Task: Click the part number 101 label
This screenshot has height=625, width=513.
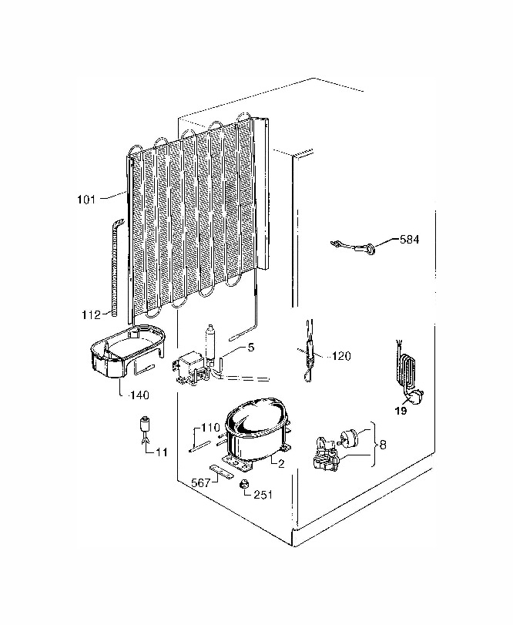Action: [86, 199]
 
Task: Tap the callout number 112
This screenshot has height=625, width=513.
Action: [91, 315]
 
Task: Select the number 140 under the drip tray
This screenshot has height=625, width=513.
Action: [139, 395]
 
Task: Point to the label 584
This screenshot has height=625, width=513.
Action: [410, 239]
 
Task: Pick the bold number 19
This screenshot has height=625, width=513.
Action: [401, 410]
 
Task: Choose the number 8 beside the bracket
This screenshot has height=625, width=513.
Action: [383, 444]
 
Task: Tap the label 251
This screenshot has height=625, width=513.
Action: [263, 495]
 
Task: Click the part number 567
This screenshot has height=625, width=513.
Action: [201, 482]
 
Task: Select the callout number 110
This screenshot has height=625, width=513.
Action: [211, 428]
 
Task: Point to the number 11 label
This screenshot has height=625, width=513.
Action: [162, 452]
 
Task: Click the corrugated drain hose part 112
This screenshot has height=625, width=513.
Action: [115, 266]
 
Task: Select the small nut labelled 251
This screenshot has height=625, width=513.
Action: [243, 484]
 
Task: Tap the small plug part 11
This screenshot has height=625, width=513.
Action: [146, 428]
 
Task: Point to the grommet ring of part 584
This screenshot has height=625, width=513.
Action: [371, 250]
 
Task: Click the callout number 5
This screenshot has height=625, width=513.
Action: [250, 347]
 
